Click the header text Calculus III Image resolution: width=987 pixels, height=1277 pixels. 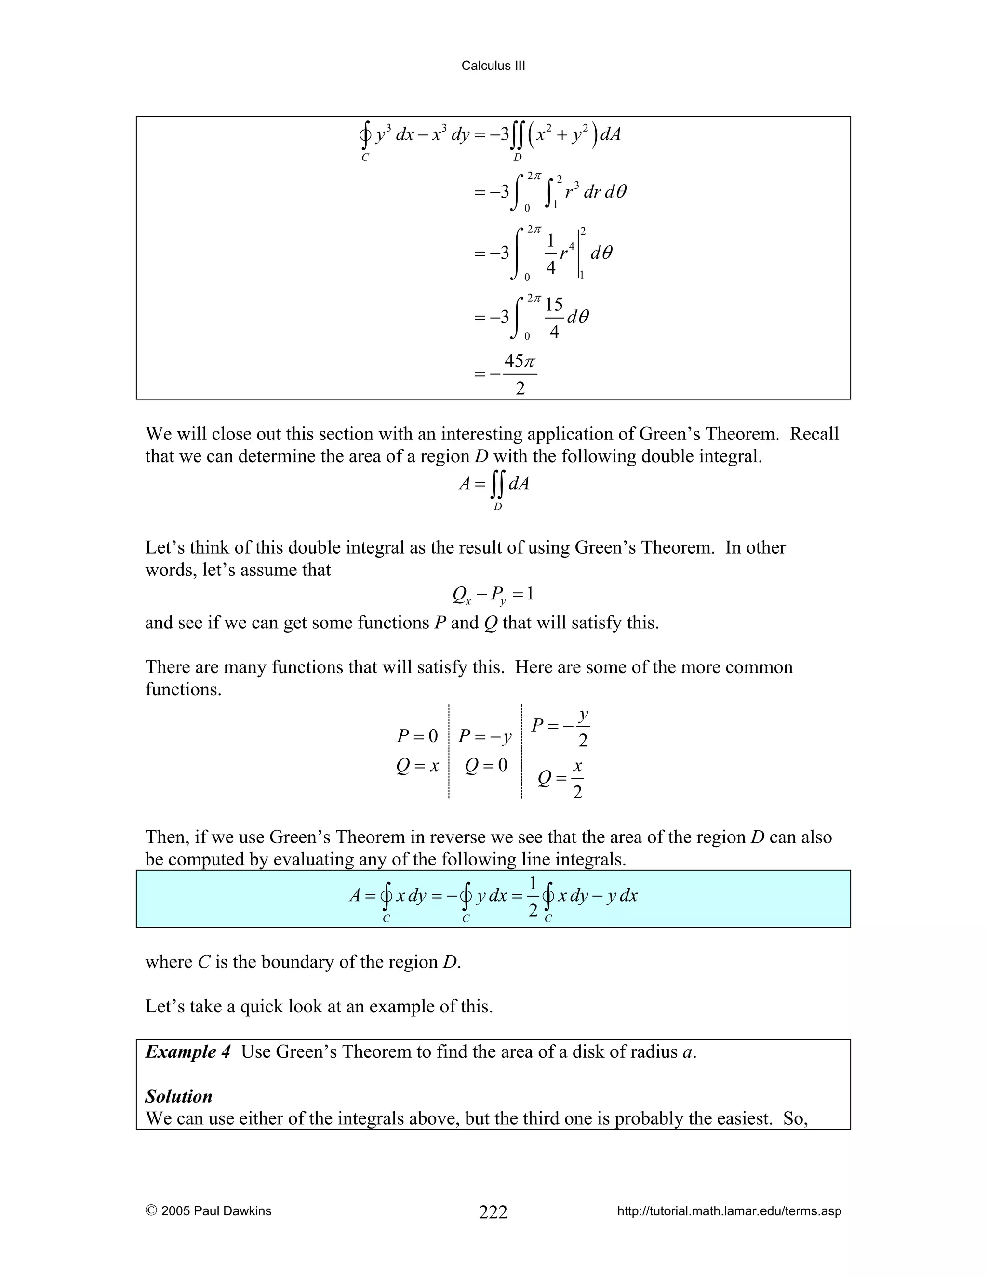point(493,66)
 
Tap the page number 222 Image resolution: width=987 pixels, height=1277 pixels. point(493,1212)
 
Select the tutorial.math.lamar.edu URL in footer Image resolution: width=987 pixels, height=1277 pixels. point(729,1211)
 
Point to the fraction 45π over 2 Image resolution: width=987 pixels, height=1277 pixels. point(520,375)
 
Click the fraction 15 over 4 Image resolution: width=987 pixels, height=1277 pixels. point(554,318)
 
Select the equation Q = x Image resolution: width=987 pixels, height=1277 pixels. point(417,766)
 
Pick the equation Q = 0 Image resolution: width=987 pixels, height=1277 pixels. point(486,766)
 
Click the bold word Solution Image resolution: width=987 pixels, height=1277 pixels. point(179,1096)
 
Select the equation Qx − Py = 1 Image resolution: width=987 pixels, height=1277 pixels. point(493,595)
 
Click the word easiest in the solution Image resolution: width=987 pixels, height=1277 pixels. point(743,1118)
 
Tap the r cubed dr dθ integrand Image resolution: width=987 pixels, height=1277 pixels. point(595,191)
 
